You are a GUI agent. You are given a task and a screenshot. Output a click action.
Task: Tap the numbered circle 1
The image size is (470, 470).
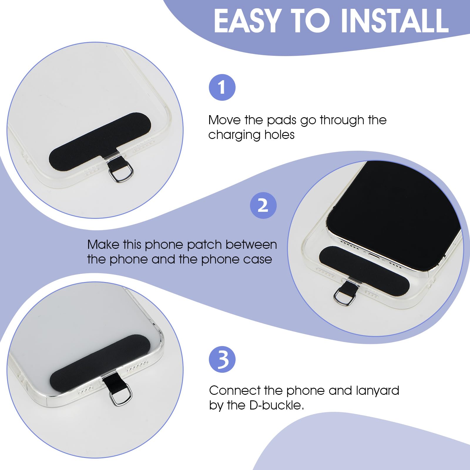click(222, 87)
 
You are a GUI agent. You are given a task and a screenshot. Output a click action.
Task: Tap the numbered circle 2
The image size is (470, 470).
click(263, 205)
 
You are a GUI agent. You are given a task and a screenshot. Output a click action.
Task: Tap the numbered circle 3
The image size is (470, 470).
click(222, 359)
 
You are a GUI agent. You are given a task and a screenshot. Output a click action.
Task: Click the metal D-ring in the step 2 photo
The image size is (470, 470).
click(344, 297)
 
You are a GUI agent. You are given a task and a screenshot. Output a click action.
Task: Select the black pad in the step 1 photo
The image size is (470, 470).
click(100, 141)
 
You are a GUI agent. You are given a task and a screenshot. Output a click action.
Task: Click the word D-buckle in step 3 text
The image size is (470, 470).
click(276, 405)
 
